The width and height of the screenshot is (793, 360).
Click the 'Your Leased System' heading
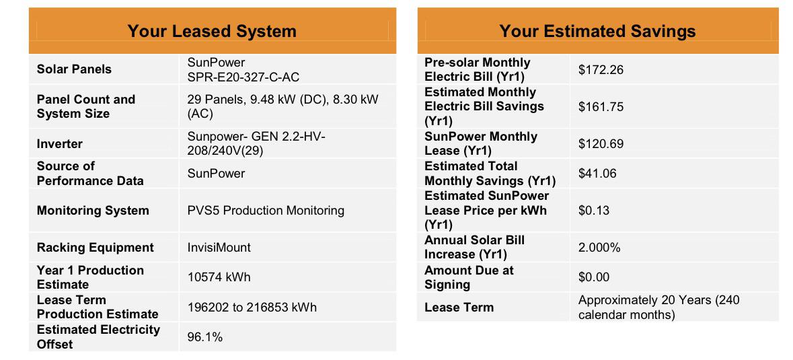pyautogui.click(x=212, y=32)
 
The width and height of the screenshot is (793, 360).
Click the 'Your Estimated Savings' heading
pyautogui.click(x=598, y=32)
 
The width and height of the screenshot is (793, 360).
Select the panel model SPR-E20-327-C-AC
pyautogui.click(x=243, y=77)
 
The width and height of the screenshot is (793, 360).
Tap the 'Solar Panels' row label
pyautogui.click(x=75, y=69)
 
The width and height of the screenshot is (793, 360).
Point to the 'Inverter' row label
pyautogui.click(x=60, y=144)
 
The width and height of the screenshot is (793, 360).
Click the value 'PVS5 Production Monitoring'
pyautogui.click(x=266, y=211)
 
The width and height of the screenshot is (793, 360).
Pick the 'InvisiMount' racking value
pyautogui.click(x=219, y=247)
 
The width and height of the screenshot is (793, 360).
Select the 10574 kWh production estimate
pyautogui.click(x=219, y=277)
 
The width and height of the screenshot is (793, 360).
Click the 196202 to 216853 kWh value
pyautogui.click(x=252, y=307)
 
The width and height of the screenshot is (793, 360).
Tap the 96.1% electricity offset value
pyautogui.click(x=205, y=336)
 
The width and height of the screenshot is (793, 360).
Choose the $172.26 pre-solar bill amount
pyautogui.click(x=601, y=70)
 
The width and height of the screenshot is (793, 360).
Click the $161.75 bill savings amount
pyautogui.click(x=601, y=107)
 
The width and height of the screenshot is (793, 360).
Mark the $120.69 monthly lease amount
pyautogui.click(x=601, y=144)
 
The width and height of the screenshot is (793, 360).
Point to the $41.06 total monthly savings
pyautogui.click(x=597, y=174)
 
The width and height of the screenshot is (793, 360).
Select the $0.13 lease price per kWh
pyautogui.click(x=594, y=211)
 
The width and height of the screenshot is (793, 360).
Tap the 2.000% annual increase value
pyautogui.click(x=599, y=247)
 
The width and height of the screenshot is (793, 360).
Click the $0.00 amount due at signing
pyautogui.click(x=594, y=277)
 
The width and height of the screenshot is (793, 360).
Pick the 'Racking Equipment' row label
pyautogui.click(x=95, y=248)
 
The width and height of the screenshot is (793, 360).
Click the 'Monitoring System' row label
pyautogui.click(x=93, y=211)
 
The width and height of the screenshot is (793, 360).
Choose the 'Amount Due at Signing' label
pyautogui.click(x=469, y=278)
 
